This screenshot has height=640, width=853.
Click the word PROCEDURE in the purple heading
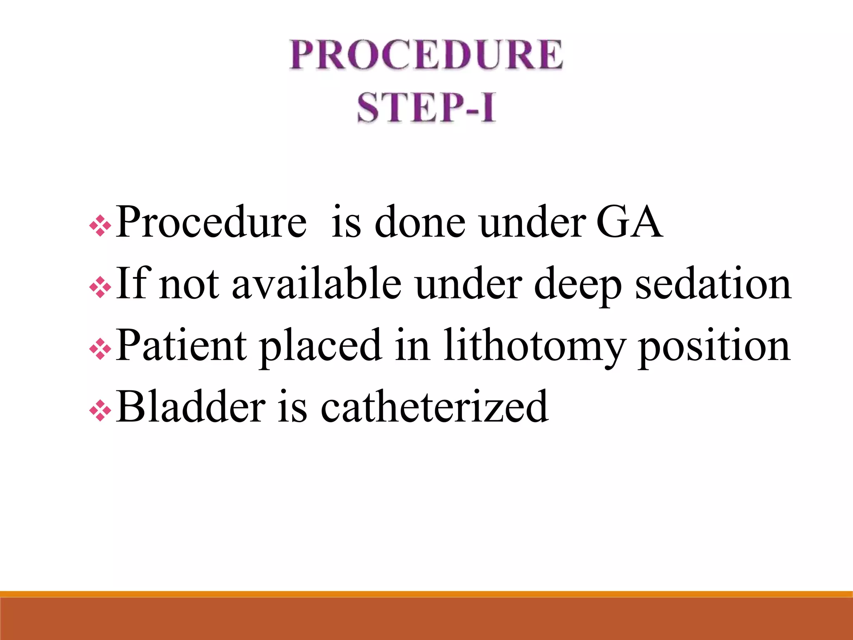tap(426, 55)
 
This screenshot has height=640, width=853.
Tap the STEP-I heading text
tap(426, 107)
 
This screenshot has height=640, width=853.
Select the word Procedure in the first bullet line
tap(211, 222)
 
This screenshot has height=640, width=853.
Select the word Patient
tap(181, 345)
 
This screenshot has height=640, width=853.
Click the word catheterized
tap(434, 406)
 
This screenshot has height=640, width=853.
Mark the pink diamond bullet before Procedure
tap(100, 226)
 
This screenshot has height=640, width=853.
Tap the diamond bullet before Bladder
tap(100, 411)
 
